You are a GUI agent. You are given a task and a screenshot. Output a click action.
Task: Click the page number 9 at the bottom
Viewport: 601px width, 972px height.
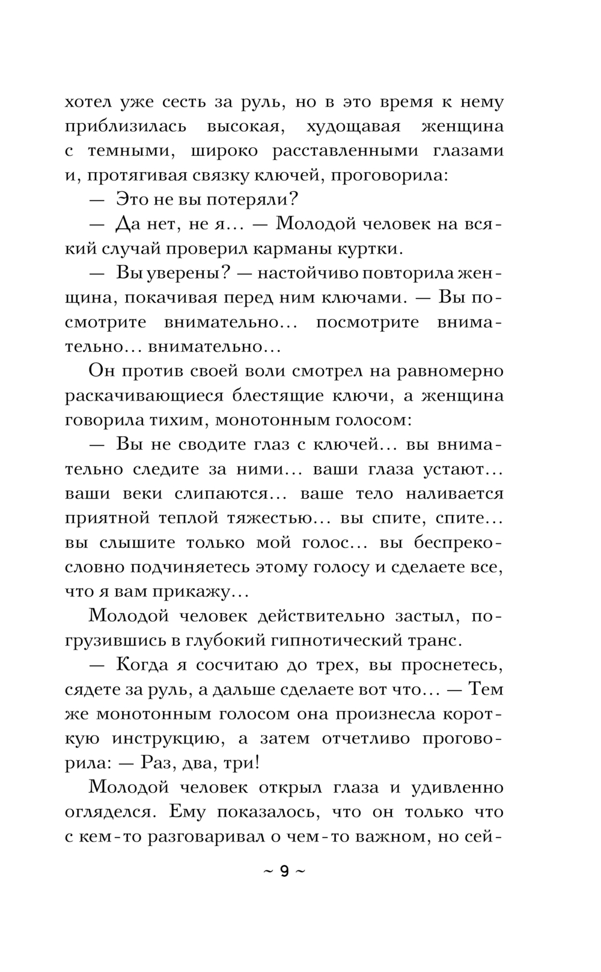point(284,872)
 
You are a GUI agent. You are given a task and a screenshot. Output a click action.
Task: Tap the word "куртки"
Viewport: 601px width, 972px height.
point(368,248)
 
